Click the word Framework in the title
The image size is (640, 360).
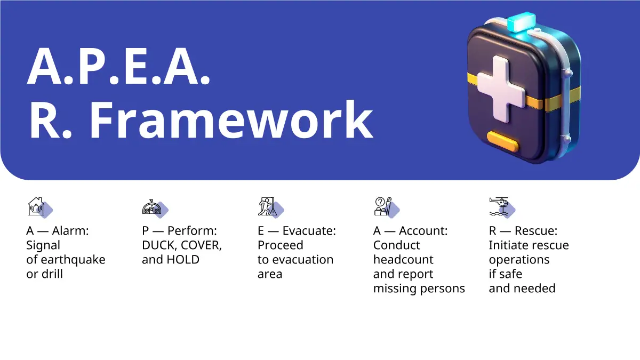click(x=231, y=119)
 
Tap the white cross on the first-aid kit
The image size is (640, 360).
click(x=501, y=89)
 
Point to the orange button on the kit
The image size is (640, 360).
click(x=502, y=141)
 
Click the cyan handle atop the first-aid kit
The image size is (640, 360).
click(x=522, y=21)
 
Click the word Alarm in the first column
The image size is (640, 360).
click(x=70, y=231)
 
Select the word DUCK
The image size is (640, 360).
click(x=159, y=245)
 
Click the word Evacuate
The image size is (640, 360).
click(x=309, y=231)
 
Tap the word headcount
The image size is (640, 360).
click(x=403, y=260)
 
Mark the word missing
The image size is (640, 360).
click(x=395, y=289)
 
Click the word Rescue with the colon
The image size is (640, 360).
click(x=536, y=231)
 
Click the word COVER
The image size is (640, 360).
click(x=202, y=245)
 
